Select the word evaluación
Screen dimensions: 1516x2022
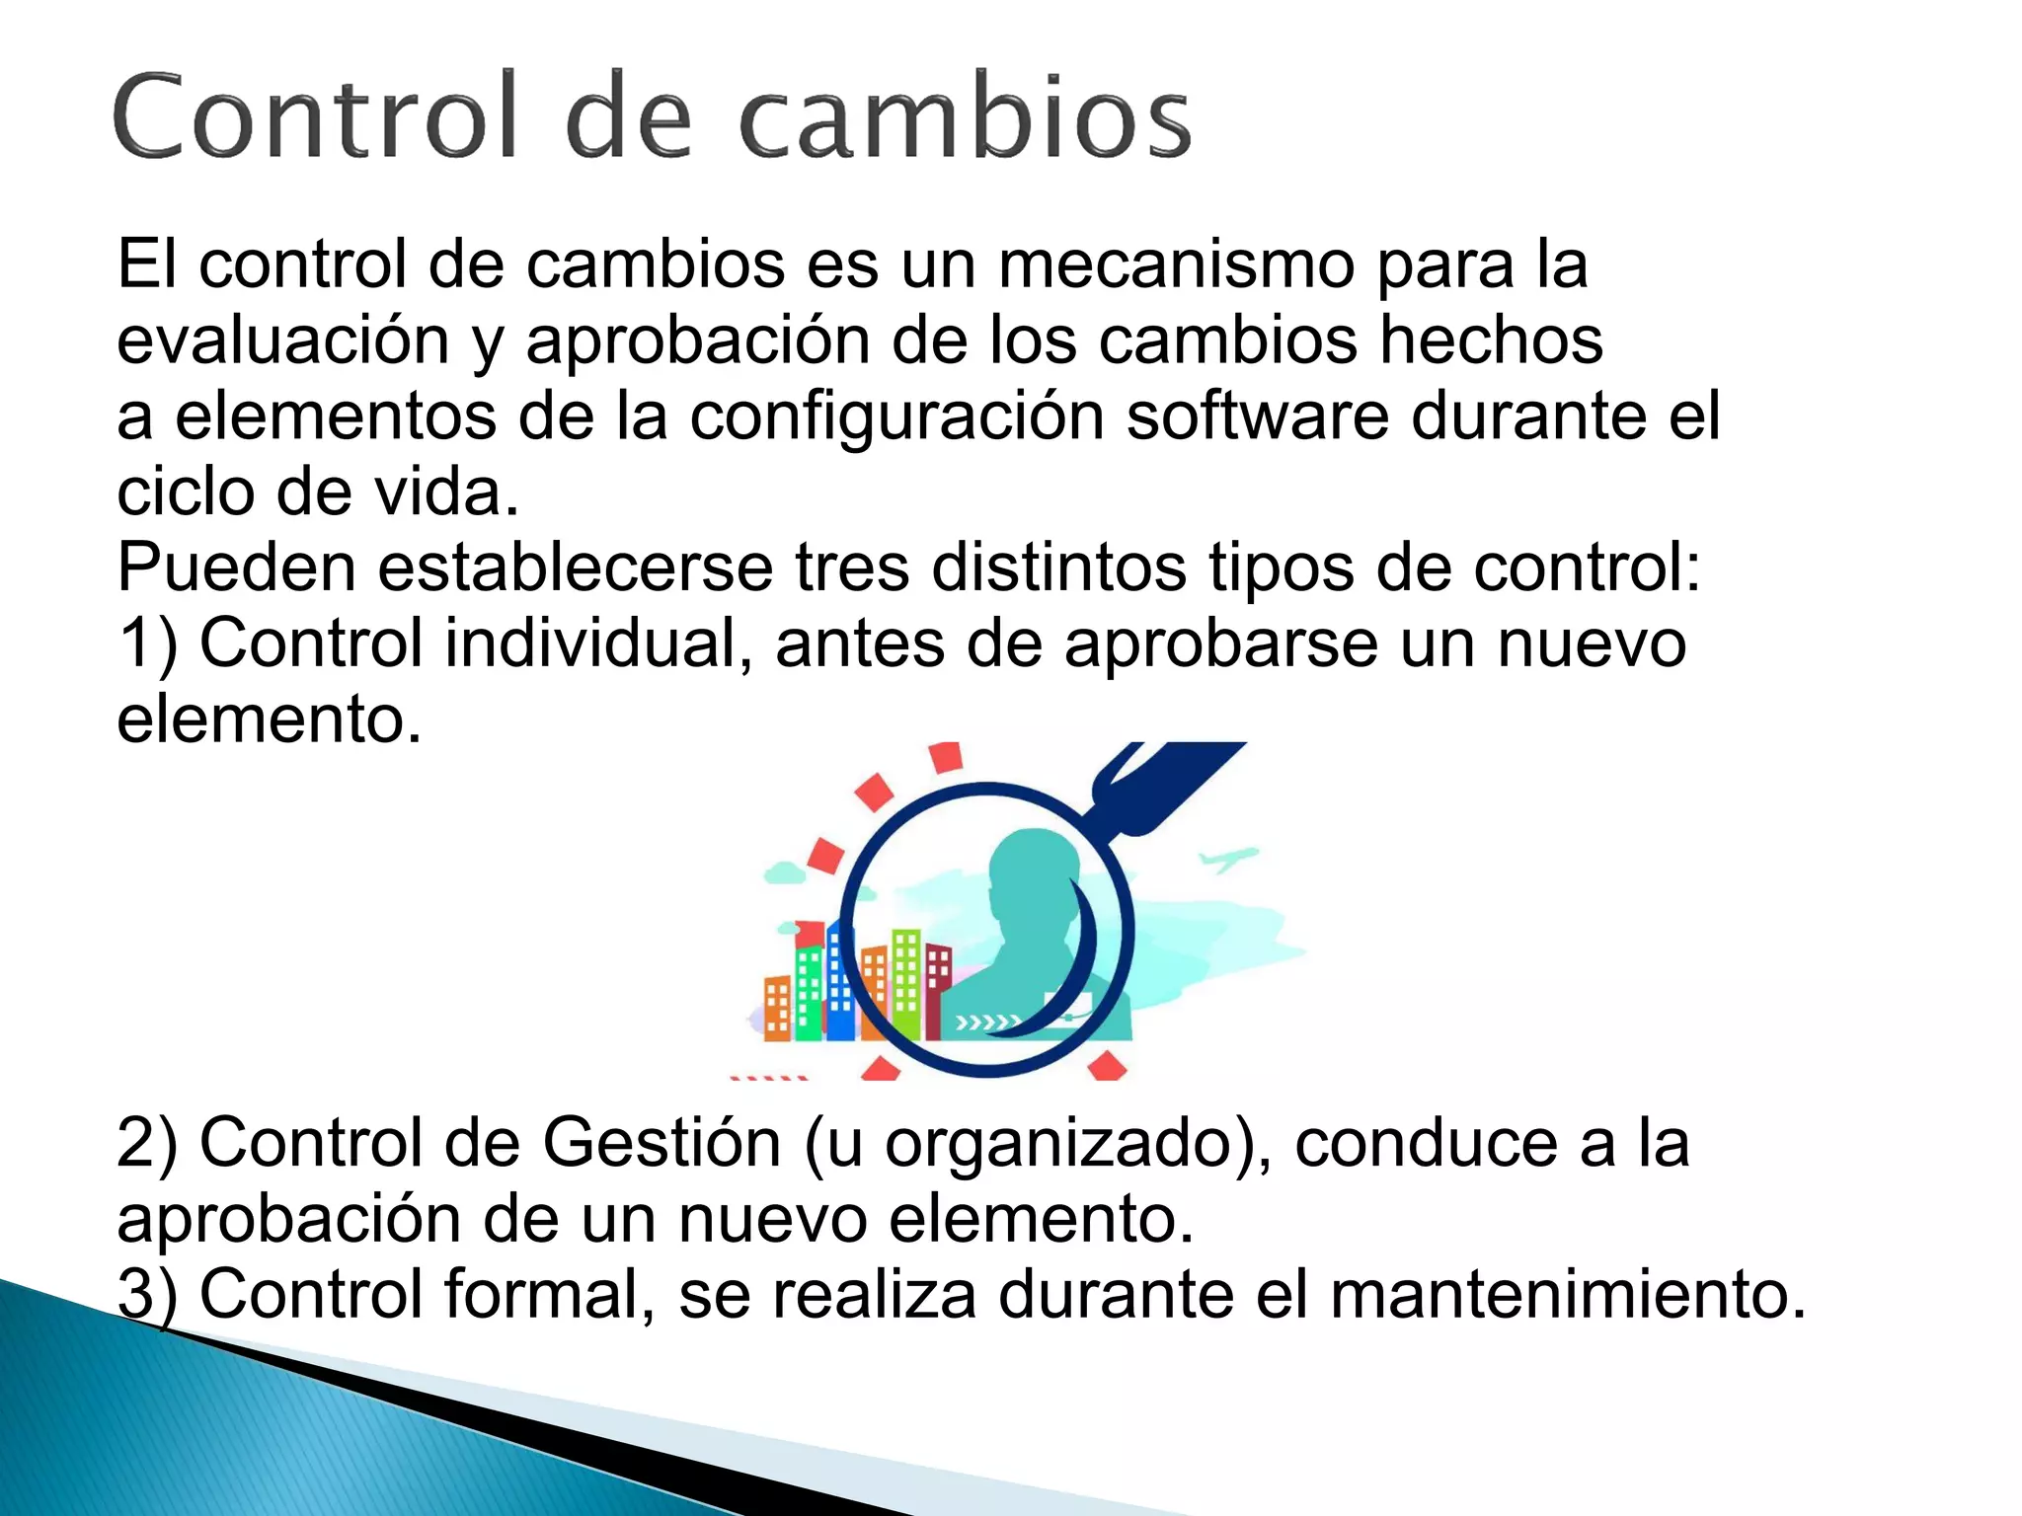pos(283,341)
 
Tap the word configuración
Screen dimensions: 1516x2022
pos(895,417)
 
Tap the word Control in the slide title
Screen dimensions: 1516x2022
pos(315,116)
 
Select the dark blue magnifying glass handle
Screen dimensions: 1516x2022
pos(1165,780)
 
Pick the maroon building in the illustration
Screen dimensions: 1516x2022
pos(938,987)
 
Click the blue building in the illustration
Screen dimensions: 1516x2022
pos(840,987)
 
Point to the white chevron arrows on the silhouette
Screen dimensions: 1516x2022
pos(987,1023)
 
